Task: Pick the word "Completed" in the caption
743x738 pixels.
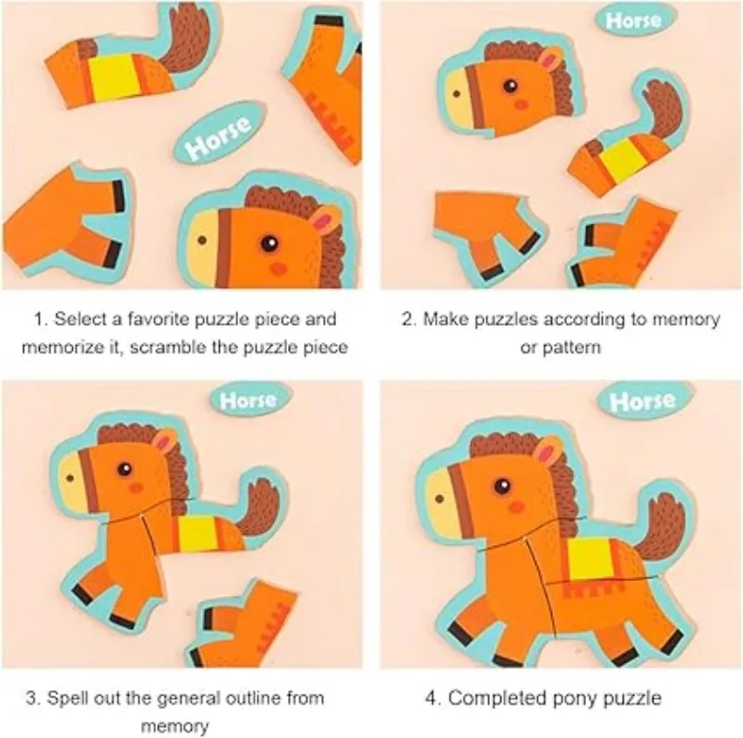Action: pyautogui.click(x=494, y=697)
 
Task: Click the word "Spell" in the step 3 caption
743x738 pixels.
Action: pyautogui.click(x=67, y=697)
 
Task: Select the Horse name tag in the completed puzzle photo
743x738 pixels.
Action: pyautogui.click(x=642, y=401)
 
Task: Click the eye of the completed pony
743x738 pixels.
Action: pyautogui.click(x=502, y=485)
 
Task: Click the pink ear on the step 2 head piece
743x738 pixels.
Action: pyautogui.click(x=551, y=61)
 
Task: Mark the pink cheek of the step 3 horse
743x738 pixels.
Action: pyautogui.click(x=136, y=486)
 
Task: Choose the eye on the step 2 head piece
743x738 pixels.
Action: pyautogui.click(x=509, y=87)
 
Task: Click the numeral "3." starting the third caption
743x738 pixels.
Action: pyautogui.click(x=32, y=697)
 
